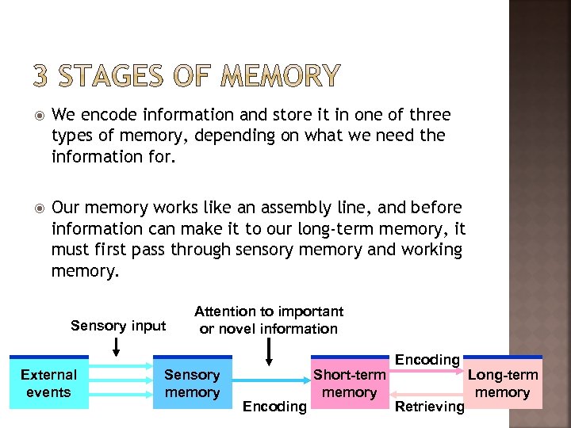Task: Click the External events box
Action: click(x=48, y=383)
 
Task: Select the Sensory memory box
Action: click(x=192, y=383)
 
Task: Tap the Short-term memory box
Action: click(x=349, y=383)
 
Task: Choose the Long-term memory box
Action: click(x=503, y=383)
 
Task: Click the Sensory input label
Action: click(x=118, y=326)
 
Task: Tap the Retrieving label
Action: click(x=429, y=407)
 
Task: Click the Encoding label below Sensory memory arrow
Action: click(x=274, y=407)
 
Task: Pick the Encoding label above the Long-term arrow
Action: click(x=427, y=360)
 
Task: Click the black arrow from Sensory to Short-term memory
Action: click(x=270, y=384)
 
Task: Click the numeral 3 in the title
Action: click(x=41, y=76)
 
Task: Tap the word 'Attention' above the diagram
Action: click(x=225, y=311)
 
